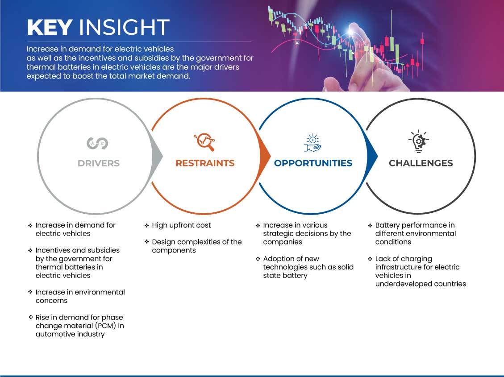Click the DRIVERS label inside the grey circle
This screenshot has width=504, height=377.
99,163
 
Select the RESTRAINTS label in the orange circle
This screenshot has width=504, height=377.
205,163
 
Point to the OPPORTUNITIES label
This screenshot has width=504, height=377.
313,163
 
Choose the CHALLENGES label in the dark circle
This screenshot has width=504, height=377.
421,163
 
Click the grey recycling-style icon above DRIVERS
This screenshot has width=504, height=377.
97,143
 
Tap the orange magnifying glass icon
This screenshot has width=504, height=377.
204,142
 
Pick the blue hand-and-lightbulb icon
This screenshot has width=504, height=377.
312,143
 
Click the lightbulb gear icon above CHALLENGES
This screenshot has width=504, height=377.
418,141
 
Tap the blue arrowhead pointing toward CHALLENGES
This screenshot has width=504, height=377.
372,157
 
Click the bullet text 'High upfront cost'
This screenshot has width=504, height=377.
181,225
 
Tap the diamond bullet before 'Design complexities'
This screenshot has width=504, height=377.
147,242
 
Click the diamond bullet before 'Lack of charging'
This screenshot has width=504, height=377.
370,258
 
